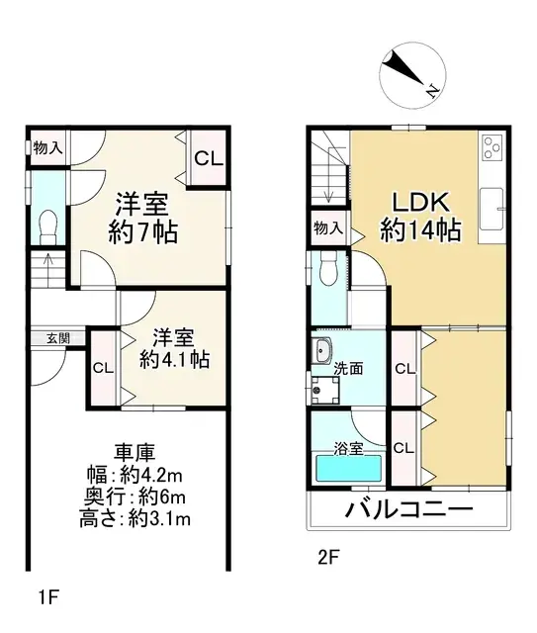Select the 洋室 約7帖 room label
145,221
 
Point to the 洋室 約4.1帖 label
173,348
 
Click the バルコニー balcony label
409,511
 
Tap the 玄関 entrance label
57,337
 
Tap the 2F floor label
329,557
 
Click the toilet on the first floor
46,226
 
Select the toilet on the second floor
331,268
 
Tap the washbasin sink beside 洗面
321,351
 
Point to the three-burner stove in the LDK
492,148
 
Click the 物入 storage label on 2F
327,228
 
